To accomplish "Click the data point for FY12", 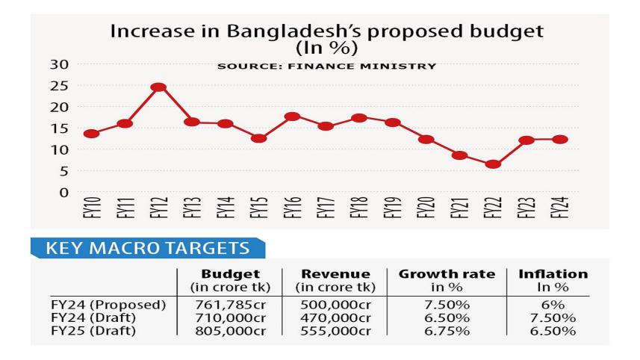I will click(158, 87).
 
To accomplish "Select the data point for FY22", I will click(492, 164).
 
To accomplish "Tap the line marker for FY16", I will click(293, 117).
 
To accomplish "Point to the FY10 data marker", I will click(92, 134).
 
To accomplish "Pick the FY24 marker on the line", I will click(561, 140).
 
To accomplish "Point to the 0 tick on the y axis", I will click(63, 192).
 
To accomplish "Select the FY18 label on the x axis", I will click(359, 211).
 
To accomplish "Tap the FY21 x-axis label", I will click(459, 211).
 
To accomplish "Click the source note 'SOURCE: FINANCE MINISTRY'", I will click(326, 66).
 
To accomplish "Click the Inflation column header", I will click(553, 275).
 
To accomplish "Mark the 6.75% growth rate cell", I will click(447, 331).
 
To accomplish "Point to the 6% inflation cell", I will click(553, 305).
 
